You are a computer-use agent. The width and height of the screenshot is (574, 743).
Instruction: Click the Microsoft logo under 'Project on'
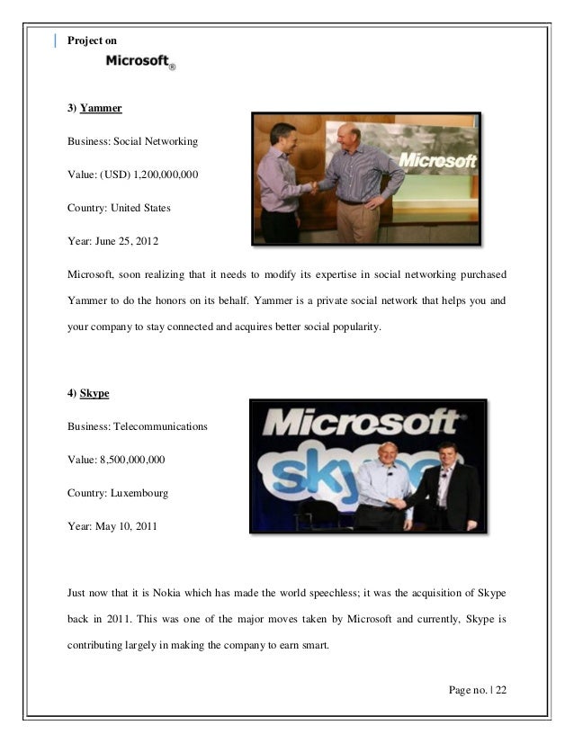pyautogui.click(x=139, y=61)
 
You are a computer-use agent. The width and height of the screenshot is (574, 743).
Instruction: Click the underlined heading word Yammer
pyautogui.click(x=100, y=109)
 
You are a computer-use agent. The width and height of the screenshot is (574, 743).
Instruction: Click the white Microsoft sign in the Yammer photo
pyautogui.click(x=437, y=162)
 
